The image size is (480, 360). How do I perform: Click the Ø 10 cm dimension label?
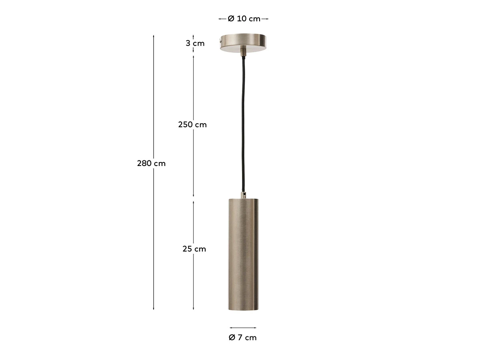[x=244, y=19]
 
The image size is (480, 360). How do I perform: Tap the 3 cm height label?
[x=195, y=43]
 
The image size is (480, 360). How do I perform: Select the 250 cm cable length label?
[x=192, y=124]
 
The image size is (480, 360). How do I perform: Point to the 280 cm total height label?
[x=151, y=163]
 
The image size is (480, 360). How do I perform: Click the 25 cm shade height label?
[x=194, y=249]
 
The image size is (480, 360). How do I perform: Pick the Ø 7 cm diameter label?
[x=242, y=338]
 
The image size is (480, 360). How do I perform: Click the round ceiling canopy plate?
[x=243, y=43]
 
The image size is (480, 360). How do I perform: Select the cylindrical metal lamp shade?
[x=243, y=254]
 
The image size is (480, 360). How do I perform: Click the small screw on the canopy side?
[x=220, y=40]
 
